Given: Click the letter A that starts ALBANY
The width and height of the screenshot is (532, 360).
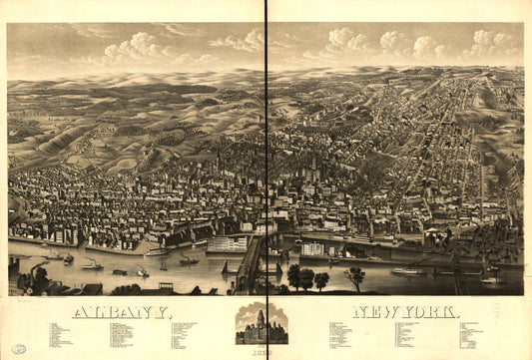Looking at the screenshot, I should [81, 313].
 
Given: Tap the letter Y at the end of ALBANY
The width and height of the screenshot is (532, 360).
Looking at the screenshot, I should [166, 313].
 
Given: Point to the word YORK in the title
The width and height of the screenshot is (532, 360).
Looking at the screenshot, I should [433, 313].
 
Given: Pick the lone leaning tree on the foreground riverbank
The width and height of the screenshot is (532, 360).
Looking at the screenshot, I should [355, 276].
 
